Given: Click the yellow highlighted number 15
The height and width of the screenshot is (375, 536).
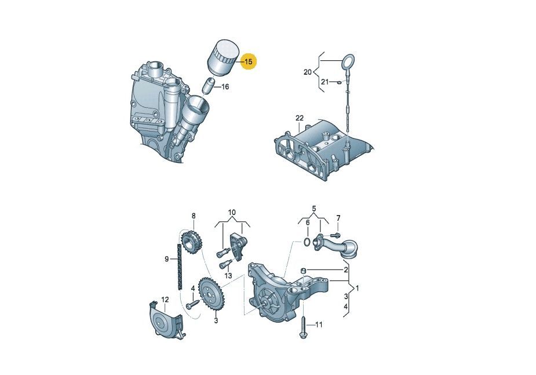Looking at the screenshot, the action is [249, 61].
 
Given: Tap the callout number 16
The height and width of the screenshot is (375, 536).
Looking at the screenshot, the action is [225, 87].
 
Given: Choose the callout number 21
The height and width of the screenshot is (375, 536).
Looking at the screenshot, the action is [324, 82].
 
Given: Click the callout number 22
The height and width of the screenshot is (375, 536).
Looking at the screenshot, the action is [300, 118].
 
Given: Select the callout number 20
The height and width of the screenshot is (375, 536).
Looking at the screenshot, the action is [308, 72].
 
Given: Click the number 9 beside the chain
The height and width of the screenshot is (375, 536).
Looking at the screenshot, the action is [167, 259].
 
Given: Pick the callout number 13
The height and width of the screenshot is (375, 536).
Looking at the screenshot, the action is [228, 275].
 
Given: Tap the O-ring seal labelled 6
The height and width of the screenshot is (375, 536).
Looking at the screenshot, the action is [307, 242].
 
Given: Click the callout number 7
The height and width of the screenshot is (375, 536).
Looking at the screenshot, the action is [338, 218].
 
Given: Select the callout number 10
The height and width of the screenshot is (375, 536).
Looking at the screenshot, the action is [232, 212].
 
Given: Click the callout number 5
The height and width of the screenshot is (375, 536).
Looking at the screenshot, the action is [314, 208].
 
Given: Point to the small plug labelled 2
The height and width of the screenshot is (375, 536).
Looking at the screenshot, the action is [302, 271].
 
